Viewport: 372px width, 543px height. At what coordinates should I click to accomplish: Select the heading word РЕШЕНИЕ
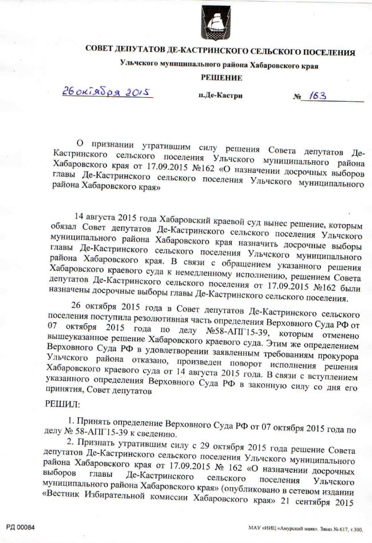(221, 78)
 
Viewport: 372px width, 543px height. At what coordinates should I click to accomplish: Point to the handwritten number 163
(315, 95)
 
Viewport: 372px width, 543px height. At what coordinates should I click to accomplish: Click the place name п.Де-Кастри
(220, 96)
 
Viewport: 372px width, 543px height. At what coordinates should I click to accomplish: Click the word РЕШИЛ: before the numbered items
(63, 404)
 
